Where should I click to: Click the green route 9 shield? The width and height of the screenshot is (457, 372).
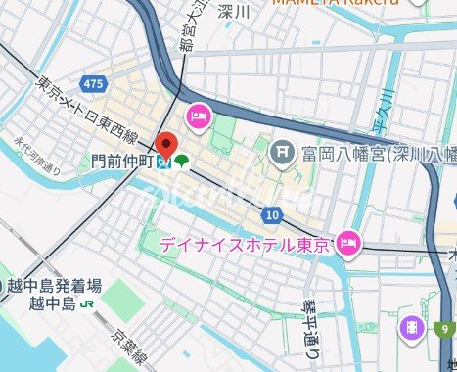444,328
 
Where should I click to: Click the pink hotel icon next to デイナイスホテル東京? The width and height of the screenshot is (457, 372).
347,242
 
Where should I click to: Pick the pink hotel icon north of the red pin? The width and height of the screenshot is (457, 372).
197,116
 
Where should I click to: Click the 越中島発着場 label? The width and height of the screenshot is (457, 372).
55,286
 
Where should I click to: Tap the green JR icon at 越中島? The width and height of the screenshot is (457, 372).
88,303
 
